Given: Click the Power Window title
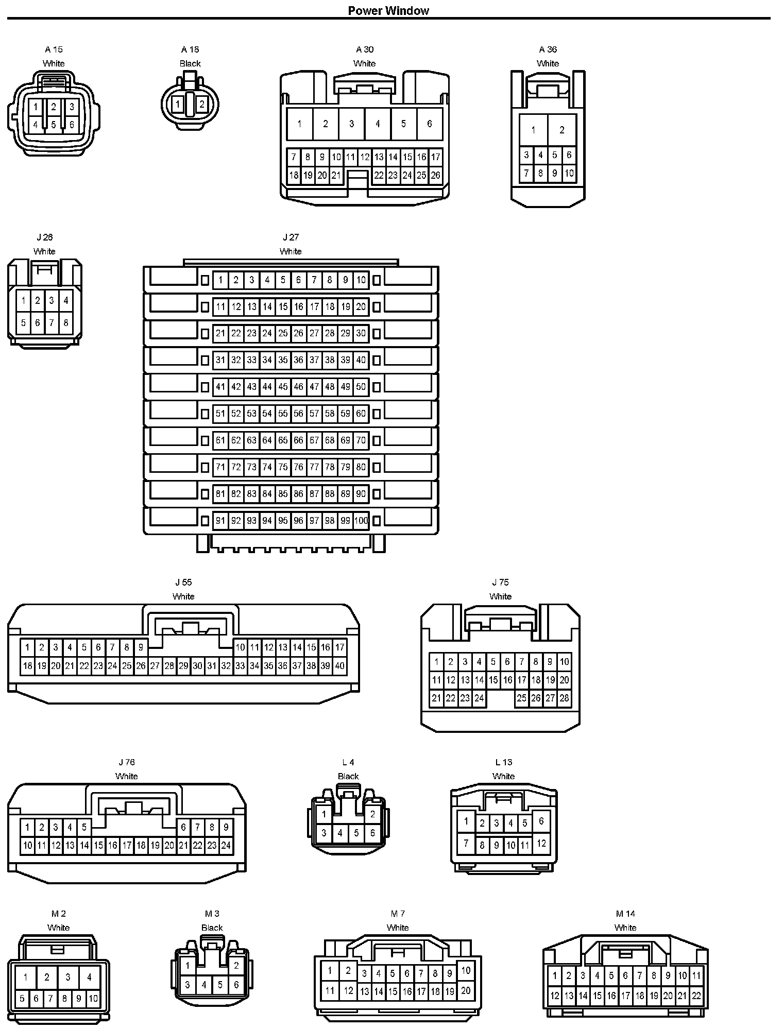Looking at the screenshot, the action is coord(388,11).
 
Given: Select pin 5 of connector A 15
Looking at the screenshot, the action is coord(54,125).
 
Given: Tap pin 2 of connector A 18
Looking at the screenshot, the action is coord(202,105).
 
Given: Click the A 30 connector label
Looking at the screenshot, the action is coord(365,49).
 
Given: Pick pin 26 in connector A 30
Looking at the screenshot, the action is coord(435,175).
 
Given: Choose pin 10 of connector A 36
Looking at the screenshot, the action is coord(569,173).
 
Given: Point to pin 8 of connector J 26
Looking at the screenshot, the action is coord(65,323).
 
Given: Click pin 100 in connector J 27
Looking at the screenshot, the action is coord(361,521).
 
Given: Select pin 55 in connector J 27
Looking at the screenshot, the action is coord(283,414).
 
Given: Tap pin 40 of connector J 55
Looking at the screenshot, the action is coord(339,666).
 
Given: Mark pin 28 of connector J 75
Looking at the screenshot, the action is coord(564,698).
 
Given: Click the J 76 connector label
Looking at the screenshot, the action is coord(127,762).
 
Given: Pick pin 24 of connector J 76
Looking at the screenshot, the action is coord(226,845).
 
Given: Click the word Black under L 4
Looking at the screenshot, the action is coord(348,776).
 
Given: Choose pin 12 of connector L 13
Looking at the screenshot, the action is coord(541,844).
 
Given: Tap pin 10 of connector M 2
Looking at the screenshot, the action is coord(93,999).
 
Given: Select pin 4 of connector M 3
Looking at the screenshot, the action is coord(204,985).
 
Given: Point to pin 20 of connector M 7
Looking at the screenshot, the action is coord(466,990).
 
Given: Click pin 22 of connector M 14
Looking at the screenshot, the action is coord(696,996).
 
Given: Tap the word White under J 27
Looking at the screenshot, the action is coord(291,251).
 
